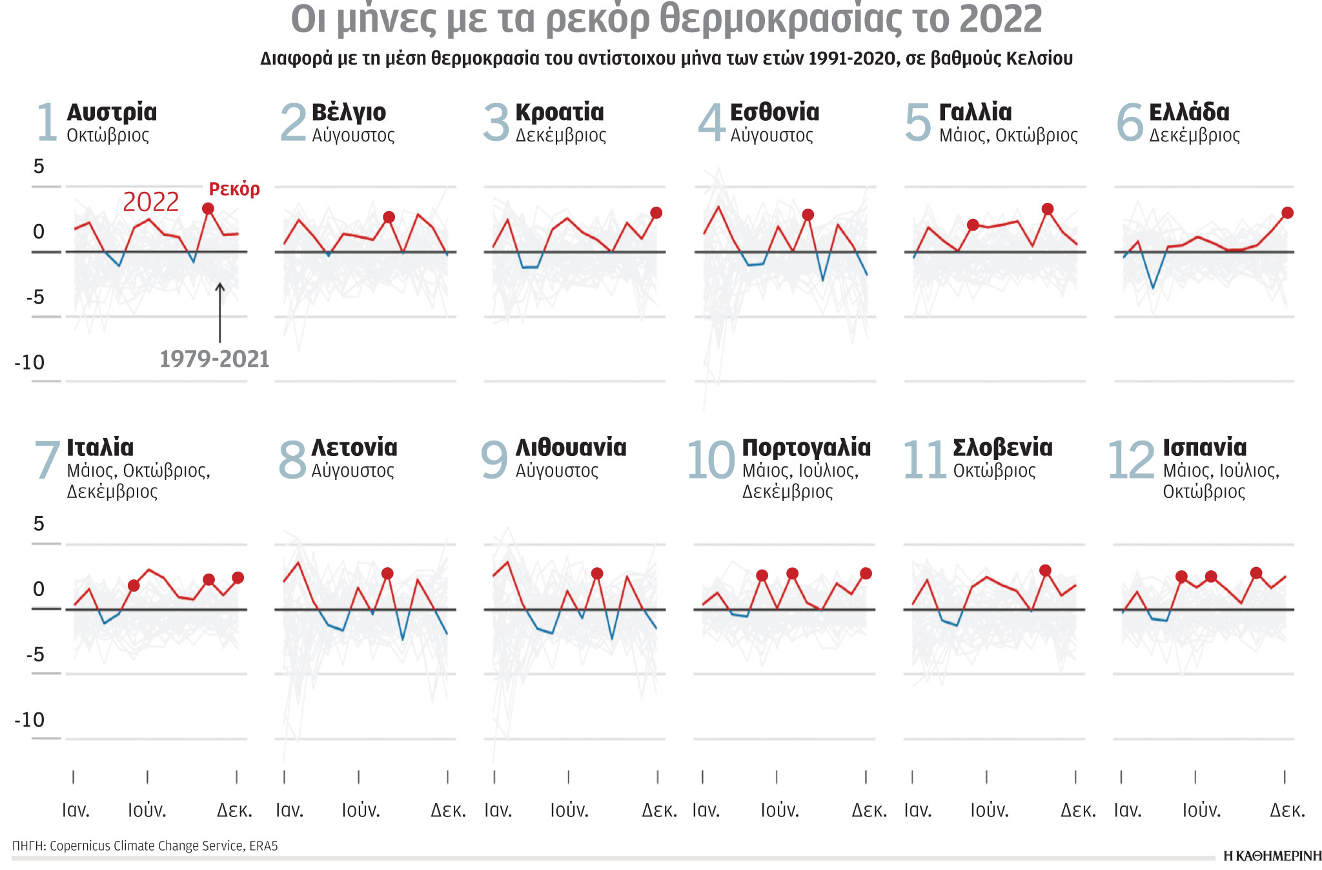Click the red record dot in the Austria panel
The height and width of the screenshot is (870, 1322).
pos(208,209)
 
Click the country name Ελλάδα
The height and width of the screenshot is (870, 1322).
pos(1189,112)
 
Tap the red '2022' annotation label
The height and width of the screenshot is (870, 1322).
pos(150,202)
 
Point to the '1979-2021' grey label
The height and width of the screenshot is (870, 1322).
pos(214,359)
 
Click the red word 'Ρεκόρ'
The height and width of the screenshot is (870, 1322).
pos(234,189)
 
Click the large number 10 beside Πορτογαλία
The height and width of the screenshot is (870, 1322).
pos(711,461)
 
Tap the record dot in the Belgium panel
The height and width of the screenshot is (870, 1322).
pos(389,217)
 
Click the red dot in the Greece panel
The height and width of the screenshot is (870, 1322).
pos(1287,212)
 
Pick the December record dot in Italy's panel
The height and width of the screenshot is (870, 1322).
pos(238,577)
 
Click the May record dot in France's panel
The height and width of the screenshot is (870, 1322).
pos(973,225)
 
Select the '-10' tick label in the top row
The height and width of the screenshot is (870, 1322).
pos(30,363)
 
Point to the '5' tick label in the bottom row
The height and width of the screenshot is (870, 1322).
pos(39,524)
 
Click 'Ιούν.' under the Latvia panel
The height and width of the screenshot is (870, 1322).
pos(361,810)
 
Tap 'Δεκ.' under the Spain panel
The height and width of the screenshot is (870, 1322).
pos(1287,810)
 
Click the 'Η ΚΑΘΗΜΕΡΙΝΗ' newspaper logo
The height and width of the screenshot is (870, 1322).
pos(1272,856)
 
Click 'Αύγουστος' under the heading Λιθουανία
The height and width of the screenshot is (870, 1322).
pos(556,471)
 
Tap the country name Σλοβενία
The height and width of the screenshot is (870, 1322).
pos(1002,448)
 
